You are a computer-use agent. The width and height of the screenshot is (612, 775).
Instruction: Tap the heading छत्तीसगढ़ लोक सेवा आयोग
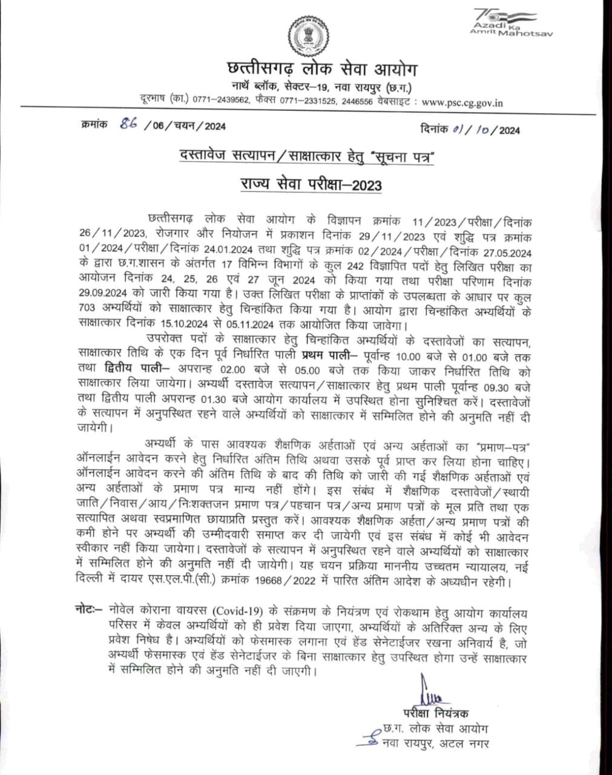pos(305,68)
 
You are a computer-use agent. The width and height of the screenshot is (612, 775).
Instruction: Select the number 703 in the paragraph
pos(89,308)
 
